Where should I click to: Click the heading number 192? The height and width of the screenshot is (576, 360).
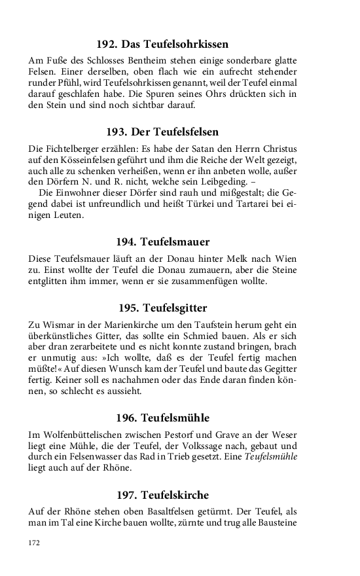point(107,45)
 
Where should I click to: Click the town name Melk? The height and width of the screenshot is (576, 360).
point(235,257)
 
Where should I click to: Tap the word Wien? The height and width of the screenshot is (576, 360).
point(284,257)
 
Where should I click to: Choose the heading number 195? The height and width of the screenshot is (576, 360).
point(128,307)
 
